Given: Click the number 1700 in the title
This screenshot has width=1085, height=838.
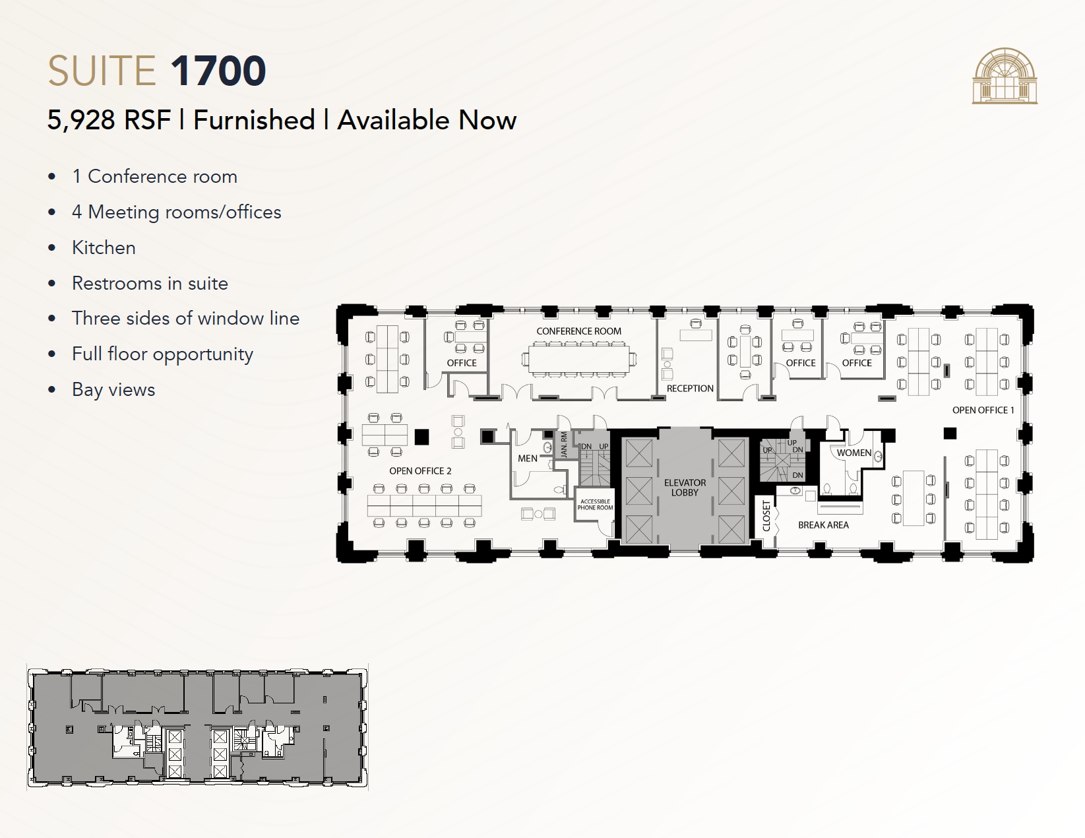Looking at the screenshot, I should [218, 71].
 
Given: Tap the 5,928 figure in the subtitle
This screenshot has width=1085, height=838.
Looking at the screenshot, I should [81, 121].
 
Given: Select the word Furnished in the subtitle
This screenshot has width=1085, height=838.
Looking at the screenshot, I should [254, 121].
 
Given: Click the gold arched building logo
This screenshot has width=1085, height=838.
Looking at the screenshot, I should [1004, 76].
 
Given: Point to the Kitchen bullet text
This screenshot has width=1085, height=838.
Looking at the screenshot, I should [104, 248].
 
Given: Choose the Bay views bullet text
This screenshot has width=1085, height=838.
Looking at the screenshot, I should [113, 390].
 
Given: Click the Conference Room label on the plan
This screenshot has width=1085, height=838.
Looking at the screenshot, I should [578, 331].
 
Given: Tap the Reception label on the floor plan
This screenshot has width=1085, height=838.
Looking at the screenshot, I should [690, 389].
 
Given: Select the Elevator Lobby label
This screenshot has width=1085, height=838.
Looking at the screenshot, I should [685, 488].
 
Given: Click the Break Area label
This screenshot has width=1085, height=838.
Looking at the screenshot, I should [823, 525].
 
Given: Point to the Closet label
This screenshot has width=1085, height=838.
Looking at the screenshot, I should [766, 515].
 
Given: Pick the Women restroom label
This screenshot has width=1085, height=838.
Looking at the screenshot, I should [853, 453].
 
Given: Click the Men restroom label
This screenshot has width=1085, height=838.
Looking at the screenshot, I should [527, 459].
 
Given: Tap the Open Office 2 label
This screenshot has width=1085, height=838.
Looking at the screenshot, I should [420, 471].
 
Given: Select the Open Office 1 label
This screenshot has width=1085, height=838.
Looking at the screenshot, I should [983, 410].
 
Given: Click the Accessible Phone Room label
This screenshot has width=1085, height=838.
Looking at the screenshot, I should [595, 505].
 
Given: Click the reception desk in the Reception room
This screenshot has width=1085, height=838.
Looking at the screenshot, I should [696, 335].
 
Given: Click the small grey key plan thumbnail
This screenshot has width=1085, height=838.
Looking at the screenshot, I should [197, 727].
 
